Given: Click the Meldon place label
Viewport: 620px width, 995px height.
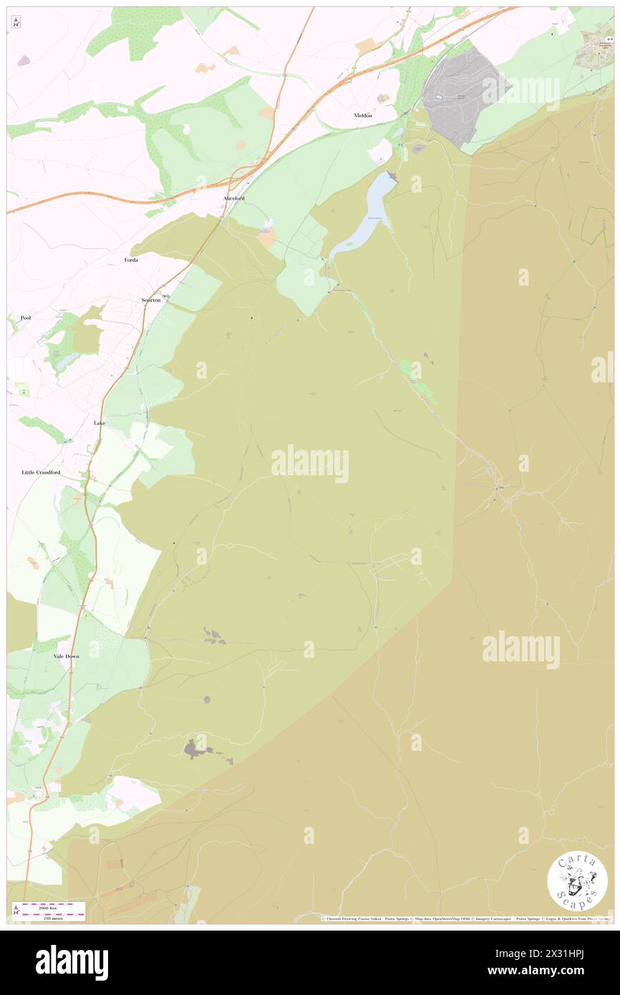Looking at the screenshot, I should [363, 115].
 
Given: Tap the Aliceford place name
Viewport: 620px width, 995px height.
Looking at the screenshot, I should [234, 198].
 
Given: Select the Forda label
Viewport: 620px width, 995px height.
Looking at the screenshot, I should [130, 260].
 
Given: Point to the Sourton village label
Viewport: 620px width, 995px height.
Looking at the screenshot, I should [151, 301].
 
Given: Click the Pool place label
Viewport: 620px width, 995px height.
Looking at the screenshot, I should [26, 317].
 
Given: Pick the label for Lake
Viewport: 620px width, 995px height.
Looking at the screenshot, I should [100, 423].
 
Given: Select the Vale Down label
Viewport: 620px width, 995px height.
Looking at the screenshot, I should [67, 656].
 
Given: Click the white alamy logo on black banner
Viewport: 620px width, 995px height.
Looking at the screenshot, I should [72, 963].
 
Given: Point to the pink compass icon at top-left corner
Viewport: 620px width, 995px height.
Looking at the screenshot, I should [16, 22].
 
